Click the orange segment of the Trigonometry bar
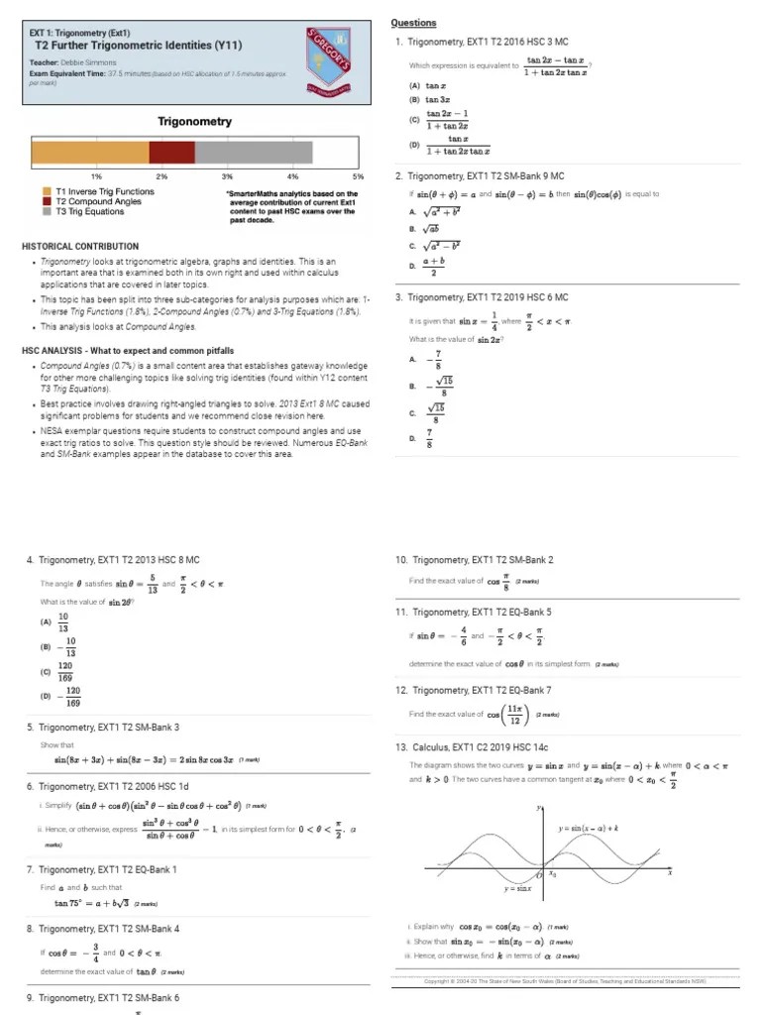tap(90, 152)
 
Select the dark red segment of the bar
tap(171, 152)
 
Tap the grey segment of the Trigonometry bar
tap(254, 152)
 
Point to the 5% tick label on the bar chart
tap(358, 175)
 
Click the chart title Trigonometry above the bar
tap(195, 122)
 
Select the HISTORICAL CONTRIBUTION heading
tap(80, 246)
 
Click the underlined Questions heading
tap(413, 23)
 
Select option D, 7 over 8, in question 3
tap(426, 438)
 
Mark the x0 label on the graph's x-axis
tap(553, 875)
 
